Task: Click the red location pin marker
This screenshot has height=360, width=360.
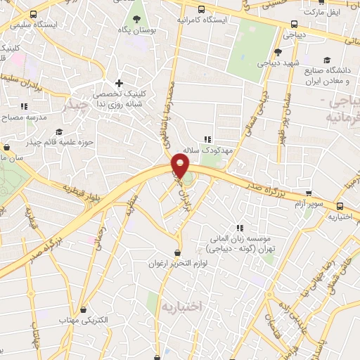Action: coord(181,167)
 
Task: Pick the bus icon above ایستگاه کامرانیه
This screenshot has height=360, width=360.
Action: coord(202,9)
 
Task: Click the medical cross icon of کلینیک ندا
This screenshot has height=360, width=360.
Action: coord(120,84)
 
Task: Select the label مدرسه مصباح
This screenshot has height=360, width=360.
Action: coord(24,117)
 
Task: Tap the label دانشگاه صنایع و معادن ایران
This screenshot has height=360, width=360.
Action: coord(330,75)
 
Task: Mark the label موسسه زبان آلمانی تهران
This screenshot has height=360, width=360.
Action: coord(241,243)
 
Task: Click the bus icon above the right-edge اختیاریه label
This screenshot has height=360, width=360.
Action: coord(341,206)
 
